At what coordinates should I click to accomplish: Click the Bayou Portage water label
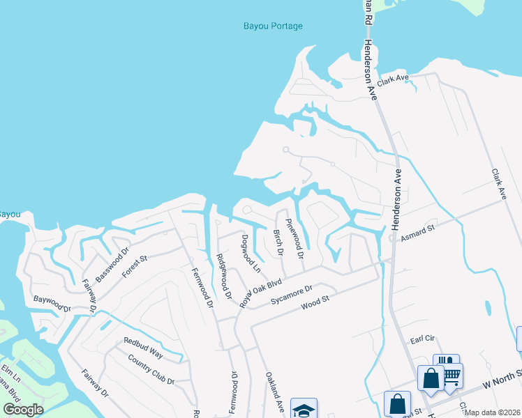tap(273, 26)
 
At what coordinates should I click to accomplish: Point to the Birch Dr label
tap(276, 242)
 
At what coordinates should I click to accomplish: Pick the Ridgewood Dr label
tap(223, 275)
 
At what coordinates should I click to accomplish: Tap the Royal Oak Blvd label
tap(260, 293)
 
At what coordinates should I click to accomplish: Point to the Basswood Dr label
tap(112, 265)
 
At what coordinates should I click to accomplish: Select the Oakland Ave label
tap(274, 389)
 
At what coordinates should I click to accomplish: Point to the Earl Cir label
tap(423, 339)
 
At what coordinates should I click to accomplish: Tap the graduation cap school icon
tap(304, 410)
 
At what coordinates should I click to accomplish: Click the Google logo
tap(23, 410)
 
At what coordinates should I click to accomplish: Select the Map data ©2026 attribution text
tap(493, 412)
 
